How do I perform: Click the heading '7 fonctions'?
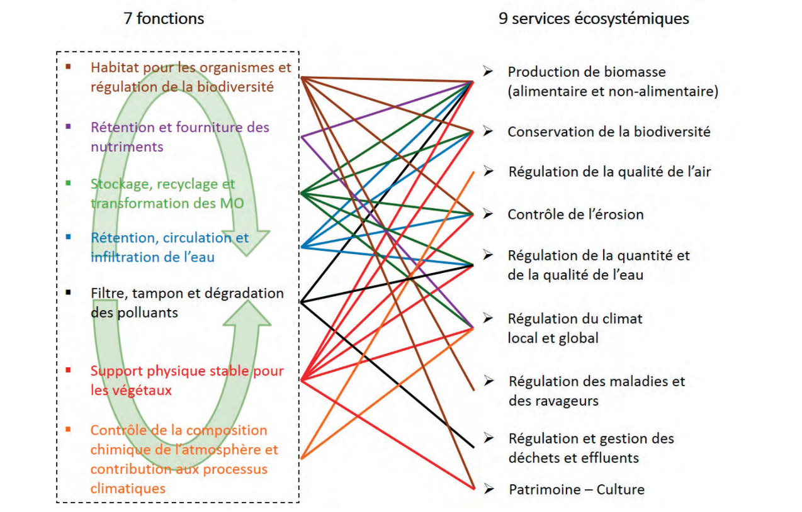164,19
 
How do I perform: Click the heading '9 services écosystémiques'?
594,19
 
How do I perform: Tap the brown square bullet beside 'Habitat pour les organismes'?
68,66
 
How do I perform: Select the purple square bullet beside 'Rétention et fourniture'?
68,126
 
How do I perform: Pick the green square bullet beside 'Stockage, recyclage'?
68,183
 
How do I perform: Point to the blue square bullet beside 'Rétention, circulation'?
68,237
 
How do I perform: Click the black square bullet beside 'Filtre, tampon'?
68,292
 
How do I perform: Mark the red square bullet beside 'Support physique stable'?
68,370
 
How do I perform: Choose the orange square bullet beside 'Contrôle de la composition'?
68,430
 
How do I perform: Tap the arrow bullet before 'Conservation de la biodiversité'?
488,131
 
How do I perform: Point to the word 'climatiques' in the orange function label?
128,489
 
